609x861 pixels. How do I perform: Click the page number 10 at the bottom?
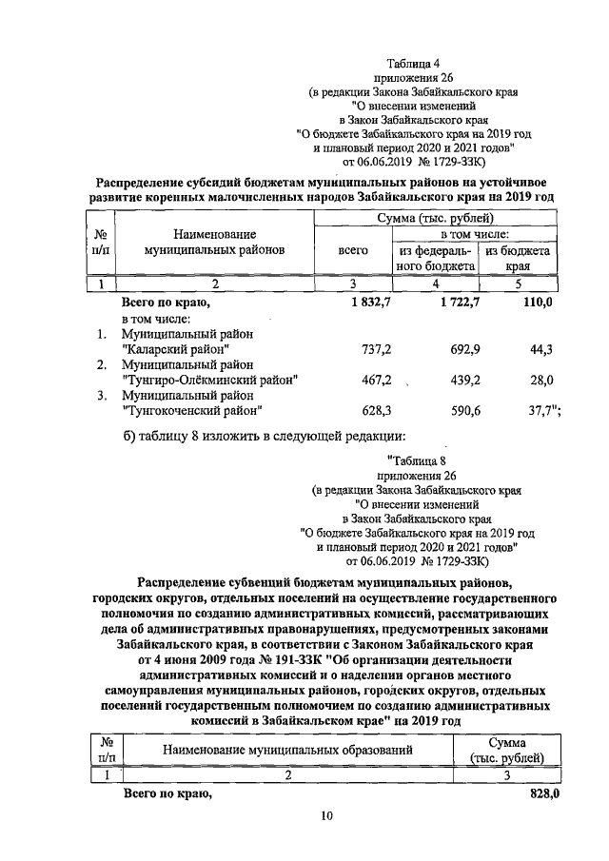tap(325, 815)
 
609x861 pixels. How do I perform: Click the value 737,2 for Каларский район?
tap(353, 350)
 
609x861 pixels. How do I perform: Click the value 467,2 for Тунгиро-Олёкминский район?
tap(353, 380)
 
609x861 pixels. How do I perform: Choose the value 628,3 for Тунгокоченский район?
tap(353, 410)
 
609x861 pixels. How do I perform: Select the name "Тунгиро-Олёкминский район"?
tap(210, 380)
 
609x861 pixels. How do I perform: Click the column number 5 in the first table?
tap(519, 283)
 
